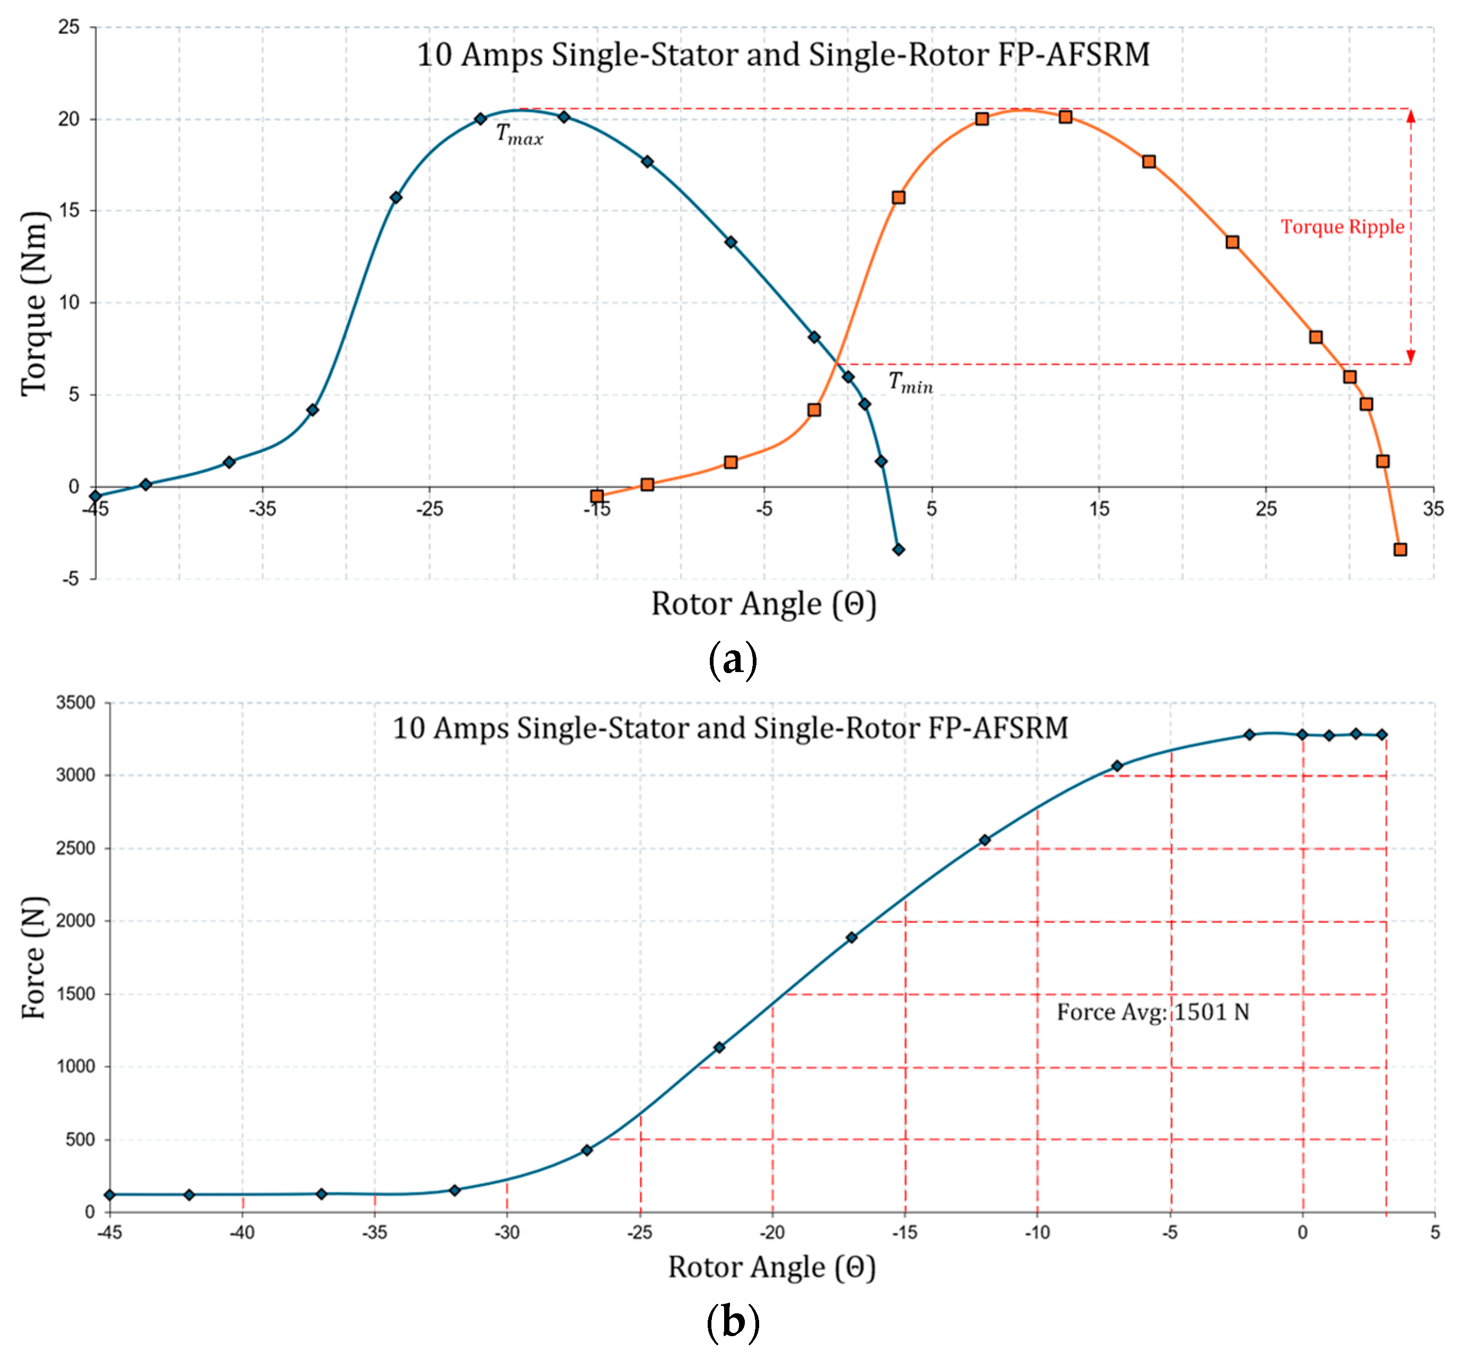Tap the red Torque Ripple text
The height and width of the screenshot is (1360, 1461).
[x=1342, y=226]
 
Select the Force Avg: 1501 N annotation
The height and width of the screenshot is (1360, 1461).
[x=1152, y=1013]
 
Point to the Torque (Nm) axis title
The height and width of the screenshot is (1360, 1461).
[x=34, y=304]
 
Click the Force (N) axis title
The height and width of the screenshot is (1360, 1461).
[x=34, y=957]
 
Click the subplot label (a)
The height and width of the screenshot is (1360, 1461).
[x=732, y=659]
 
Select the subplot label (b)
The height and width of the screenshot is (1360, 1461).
[x=732, y=1322]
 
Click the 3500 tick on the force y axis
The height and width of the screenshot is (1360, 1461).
[x=76, y=702]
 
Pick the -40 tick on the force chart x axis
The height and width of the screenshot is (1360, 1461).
[x=242, y=1232]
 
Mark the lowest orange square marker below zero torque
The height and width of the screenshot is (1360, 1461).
[x=1400, y=550]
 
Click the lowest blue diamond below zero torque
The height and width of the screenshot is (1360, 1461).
[x=898, y=550]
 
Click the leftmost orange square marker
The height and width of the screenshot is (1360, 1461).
[x=597, y=496]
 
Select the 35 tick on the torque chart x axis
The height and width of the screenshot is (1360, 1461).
[x=1433, y=509]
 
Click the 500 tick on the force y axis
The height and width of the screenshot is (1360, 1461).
[x=80, y=1139]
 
